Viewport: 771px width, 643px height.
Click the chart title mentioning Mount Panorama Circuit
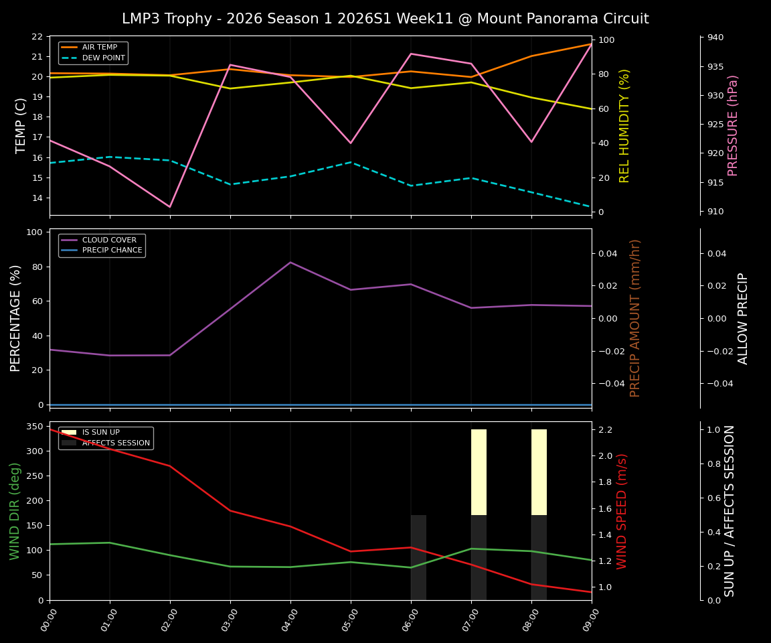coord(385,19)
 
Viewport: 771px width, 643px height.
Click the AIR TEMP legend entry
coord(99,48)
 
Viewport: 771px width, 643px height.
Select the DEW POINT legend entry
coord(103,58)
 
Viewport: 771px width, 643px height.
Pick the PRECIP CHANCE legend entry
coord(112,251)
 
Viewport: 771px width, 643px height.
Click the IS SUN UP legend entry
coord(100,433)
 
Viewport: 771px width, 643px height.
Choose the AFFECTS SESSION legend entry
coord(115,443)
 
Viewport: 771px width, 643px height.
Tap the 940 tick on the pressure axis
coord(715,38)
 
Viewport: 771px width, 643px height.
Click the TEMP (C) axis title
coord(21,125)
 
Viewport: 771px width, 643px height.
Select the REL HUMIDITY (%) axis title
coord(624,125)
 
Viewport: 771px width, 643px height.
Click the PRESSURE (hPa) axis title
coord(733,125)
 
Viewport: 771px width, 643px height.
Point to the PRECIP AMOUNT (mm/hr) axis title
coord(635,318)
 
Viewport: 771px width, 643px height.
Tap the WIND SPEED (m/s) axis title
coord(622,511)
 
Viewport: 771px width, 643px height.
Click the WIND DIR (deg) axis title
coord(15,511)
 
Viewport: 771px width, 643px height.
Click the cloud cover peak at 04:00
coord(290,263)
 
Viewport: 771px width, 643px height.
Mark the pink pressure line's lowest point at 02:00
coord(170,206)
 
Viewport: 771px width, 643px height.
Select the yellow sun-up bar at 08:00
coord(539,472)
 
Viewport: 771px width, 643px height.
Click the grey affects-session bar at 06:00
coord(418,557)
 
